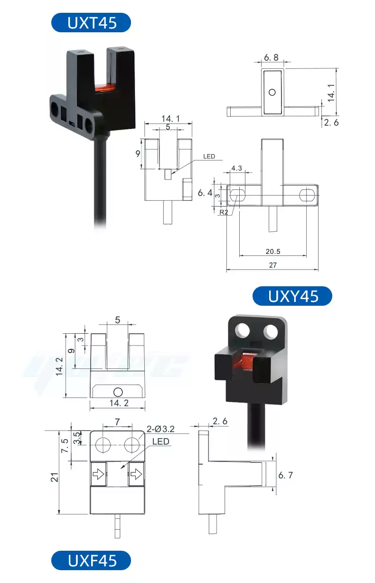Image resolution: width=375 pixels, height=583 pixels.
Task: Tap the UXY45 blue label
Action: point(292,296)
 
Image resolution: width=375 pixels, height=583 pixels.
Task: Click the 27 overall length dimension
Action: point(272,265)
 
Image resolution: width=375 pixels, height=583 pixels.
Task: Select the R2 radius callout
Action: point(223,212)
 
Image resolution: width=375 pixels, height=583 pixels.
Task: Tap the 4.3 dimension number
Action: point(236,168)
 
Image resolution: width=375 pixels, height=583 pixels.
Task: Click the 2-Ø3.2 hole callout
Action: point(161,429)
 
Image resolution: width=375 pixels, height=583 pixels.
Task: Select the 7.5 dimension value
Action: point(65,446)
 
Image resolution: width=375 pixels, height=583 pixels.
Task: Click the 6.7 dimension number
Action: point(285,475)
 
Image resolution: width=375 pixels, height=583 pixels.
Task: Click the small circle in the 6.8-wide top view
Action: point(272,92)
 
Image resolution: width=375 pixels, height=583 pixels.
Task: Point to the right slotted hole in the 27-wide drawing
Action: point(307,195)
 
